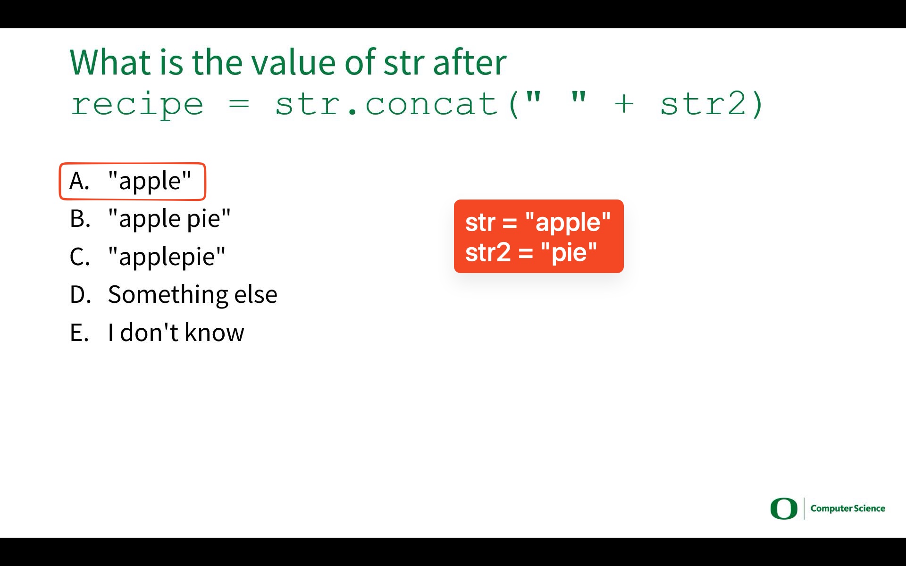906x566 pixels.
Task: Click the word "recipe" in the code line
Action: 137,105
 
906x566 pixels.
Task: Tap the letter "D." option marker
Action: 80,295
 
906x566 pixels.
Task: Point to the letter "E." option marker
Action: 79,333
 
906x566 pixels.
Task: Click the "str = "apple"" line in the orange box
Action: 538,222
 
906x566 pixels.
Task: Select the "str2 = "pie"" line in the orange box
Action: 531,252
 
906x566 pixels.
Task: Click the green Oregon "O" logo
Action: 784,508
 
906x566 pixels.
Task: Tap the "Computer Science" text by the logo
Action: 848,508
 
